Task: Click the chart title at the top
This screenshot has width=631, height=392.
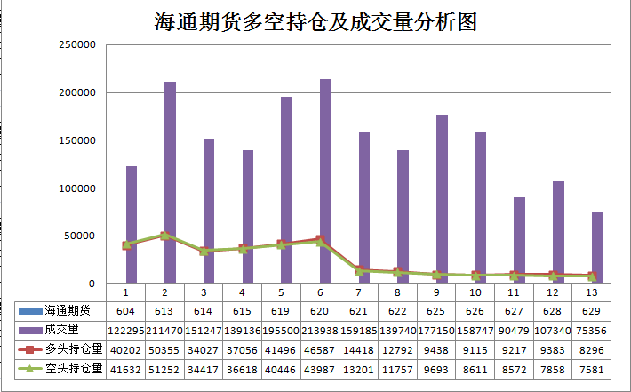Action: coord(315,22)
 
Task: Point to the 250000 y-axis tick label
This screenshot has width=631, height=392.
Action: coord(76,44)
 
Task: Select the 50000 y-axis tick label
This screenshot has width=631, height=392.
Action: coord(78,236)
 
